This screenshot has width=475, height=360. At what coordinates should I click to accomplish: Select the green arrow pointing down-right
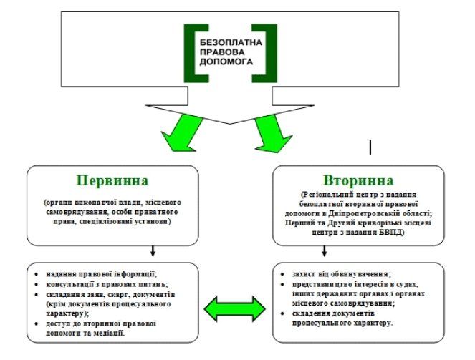pos(270,133)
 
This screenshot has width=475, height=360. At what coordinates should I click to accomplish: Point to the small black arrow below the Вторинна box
pos(325,251)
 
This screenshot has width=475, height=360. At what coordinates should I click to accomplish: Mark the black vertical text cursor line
pos(370,147)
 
